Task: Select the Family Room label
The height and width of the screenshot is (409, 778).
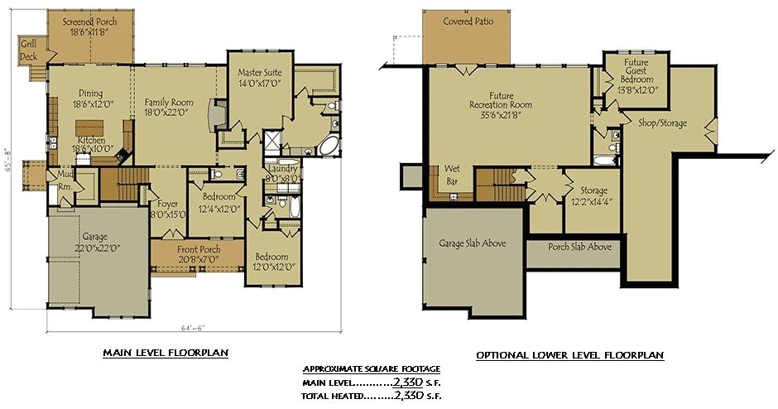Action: coord(169,108)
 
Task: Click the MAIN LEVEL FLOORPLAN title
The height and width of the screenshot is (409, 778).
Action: coord(166,353)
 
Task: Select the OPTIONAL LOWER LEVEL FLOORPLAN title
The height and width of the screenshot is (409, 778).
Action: coord(569,355)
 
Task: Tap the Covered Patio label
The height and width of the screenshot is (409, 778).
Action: coord(468,22)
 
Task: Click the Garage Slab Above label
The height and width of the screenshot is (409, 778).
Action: coord(473,243)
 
